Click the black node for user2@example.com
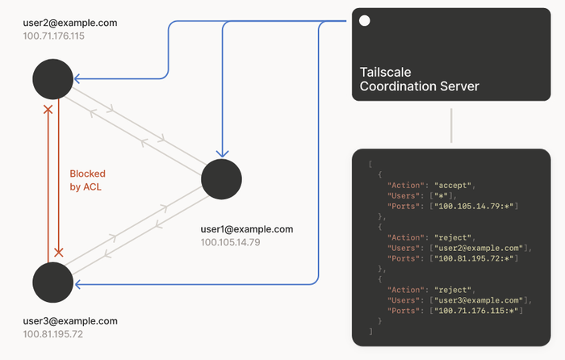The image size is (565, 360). (53, 79)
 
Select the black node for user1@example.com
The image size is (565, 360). (221, 179)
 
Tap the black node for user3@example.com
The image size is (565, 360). (53, 282)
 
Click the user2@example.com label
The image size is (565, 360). (70, 23)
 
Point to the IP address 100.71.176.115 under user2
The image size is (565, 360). (54, 37)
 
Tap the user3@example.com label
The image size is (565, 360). (70, 320)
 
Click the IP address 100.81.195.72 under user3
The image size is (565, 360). (53, 334)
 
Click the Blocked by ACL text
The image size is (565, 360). (87, 180)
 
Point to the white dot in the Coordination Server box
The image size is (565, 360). (365, 21)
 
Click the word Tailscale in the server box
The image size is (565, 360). (386, 73)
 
